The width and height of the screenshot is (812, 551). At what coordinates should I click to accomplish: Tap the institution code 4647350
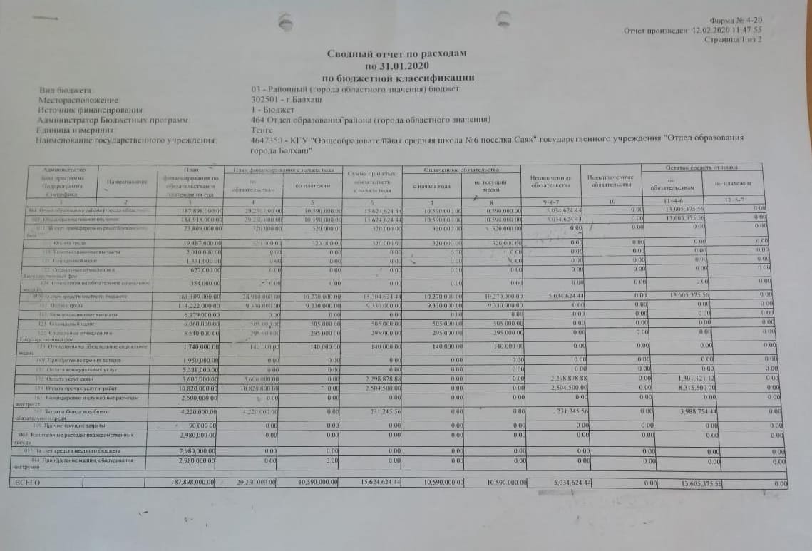[268, 141]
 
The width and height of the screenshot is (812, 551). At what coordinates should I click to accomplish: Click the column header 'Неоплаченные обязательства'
[551, 180]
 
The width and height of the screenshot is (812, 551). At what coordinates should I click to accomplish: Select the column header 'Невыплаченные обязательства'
[611, 180]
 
